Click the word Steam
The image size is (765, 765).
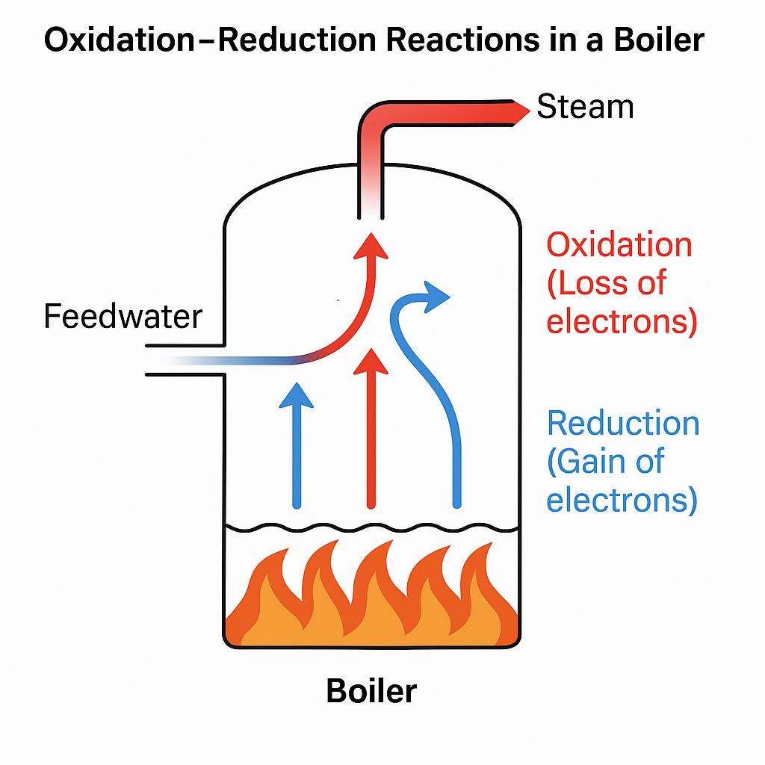(585, 107)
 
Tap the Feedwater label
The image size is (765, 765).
(123, 316)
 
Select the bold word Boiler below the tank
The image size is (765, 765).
(371, 691)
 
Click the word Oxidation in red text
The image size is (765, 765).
(619, 245)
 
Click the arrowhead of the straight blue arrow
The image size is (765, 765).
(298, 395)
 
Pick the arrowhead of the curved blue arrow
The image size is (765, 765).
(437, 297)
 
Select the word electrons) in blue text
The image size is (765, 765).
(622, 499)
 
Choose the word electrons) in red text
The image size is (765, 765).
(622, 322)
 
